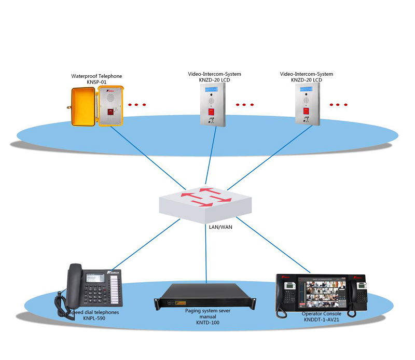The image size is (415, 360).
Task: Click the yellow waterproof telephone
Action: [97, 106]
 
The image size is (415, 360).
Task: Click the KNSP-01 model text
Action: [96, 82]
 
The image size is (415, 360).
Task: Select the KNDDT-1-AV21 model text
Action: [322, 320]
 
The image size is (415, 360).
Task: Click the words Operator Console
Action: [322, 314]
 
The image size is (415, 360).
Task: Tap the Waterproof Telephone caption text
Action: [96, 76]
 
